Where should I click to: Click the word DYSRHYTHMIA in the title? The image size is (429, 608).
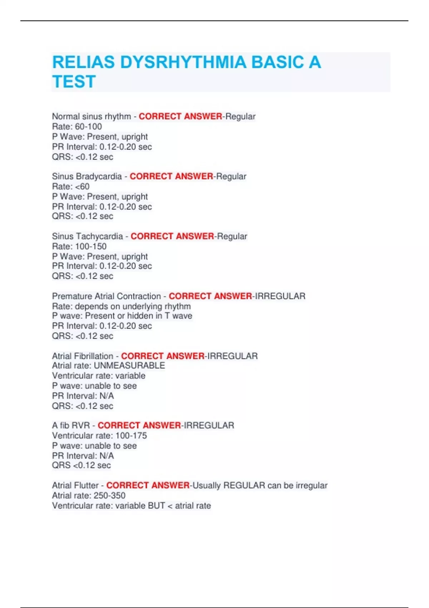[183, 63]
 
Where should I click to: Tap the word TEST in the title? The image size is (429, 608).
[74, 82]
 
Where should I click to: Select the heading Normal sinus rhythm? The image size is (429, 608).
[92, 117]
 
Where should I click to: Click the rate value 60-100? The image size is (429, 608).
[88, 127]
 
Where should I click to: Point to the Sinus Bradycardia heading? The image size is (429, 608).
[87, 177]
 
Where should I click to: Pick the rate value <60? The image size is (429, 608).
[82, 187]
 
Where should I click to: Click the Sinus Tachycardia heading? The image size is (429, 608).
[87, 236]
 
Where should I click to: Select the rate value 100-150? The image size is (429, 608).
[91, 246]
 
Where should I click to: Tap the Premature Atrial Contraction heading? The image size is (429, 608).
[107, 296]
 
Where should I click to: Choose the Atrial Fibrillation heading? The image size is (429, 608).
[83, 356]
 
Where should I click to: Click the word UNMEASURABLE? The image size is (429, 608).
[129, 366]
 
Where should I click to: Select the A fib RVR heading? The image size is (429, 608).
[71, 426]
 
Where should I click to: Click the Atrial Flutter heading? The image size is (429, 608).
[75, 486]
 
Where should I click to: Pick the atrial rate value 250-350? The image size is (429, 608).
[109, 496]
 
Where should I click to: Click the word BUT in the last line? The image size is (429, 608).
[157, 506]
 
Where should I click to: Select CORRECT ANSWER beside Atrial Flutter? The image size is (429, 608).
[148, 486]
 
